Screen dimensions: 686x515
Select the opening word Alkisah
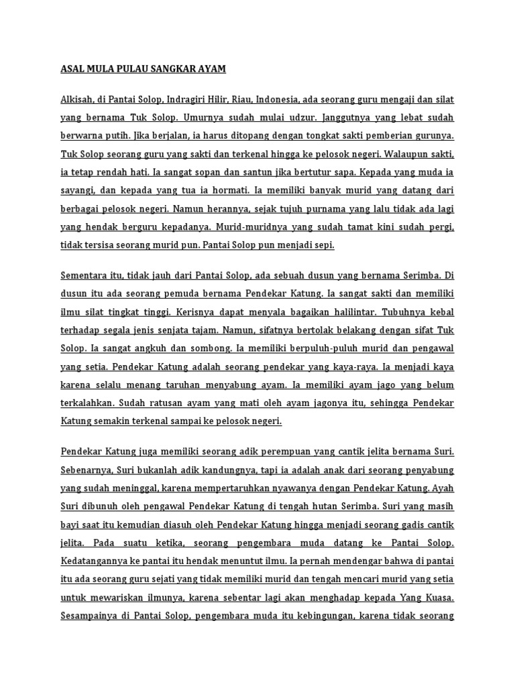(x=77, y=100)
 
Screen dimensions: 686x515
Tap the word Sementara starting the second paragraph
(x=85, y=275)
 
